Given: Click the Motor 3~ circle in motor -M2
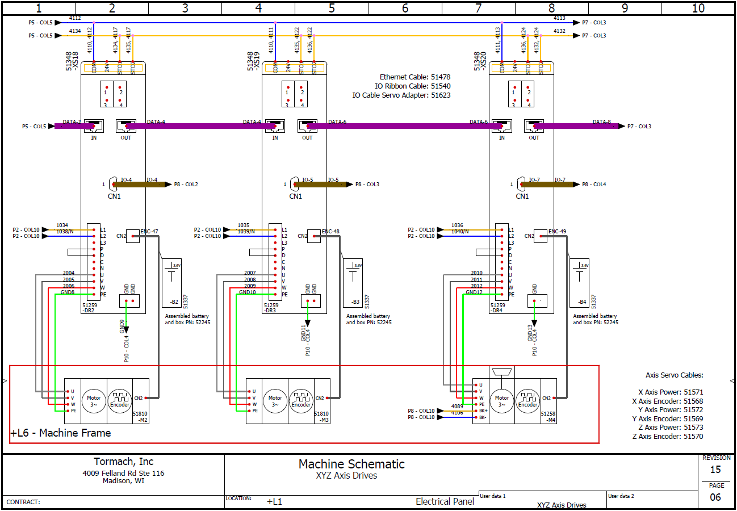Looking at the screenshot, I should tap(93, 401).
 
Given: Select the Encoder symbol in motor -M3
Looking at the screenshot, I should tap(301, 401).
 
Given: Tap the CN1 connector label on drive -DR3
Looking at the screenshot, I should tap(295, 196).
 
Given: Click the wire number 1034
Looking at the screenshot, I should tap(62, 225).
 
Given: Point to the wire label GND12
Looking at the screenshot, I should tap(474, 292).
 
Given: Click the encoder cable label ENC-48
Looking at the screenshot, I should tap(330, 231).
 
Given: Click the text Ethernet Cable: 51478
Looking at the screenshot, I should tap(414, 77).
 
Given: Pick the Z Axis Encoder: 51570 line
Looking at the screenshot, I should tap(667, 437).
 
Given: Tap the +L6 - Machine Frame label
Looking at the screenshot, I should tap(61, 433).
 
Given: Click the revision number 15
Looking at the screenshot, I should tap(715, 470).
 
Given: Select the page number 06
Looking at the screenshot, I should tap(715, 497).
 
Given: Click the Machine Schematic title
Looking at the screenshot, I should tap(351, 464).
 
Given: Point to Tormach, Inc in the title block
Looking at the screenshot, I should tap(123, 462).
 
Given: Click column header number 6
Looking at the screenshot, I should tap(405, 8).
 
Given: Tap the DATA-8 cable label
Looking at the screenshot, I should tap(601, 122).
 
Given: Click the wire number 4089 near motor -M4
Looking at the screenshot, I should tap(457, 407).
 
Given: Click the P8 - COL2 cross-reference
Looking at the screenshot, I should tap(186, 185).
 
